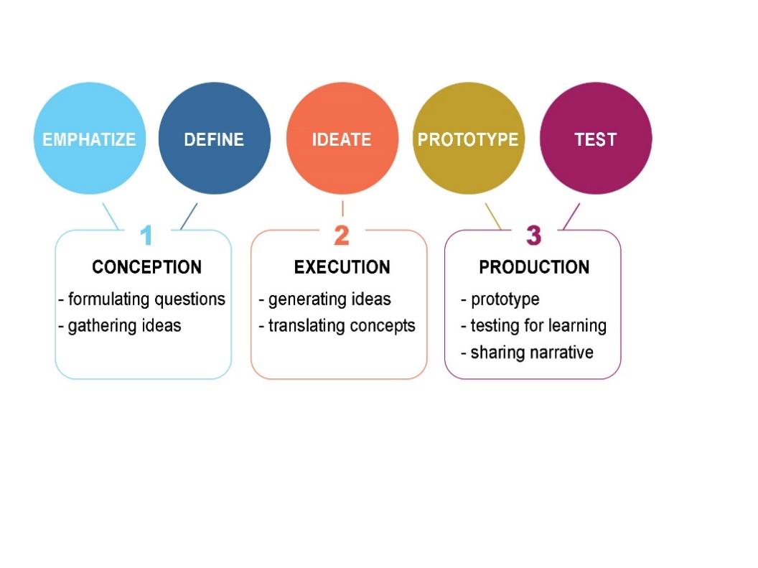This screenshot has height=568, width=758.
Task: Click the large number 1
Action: click(146, 236)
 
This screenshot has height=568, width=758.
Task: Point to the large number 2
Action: click(342, 236)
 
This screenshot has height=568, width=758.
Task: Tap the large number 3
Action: click(533, 236)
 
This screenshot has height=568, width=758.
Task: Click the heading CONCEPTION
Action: click(146, 268)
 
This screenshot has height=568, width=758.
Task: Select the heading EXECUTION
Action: click(342, 268)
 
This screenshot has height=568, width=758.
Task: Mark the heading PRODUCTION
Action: click(534, 268)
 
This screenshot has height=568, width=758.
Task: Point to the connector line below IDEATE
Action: click(342, 208)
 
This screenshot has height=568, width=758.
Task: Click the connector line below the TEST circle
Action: click(571, 216)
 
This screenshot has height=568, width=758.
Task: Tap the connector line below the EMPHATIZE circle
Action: click(111, 216)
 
